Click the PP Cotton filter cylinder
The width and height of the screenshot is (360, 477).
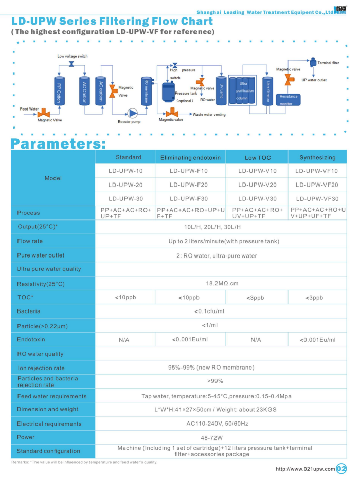click(x=59, y=90)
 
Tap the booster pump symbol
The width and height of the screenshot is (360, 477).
click(x=133, y=113)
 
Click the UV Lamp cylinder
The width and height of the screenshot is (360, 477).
click(x=221, y=90)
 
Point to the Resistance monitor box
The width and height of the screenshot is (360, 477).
click(x=289, y=100)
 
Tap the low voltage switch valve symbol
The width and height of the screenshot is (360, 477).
click(x=71, y=63)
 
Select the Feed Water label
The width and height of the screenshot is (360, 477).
click(x=29, y=109)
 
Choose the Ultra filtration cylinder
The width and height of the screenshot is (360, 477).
click(x=267, y=91)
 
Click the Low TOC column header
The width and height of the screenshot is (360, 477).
click(x=258, y=157)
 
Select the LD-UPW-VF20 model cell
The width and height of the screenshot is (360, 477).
click(x=317, y=185)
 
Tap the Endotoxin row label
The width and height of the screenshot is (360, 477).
click(x=31, y=339)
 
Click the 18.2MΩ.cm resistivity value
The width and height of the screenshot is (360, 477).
click(x=222, y=283)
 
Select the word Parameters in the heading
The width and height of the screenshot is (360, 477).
click(x=59, y=144)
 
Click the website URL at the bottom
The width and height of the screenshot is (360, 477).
click(x=305, y=468)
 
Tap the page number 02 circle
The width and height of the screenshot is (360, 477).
click(x=342, y=468)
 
